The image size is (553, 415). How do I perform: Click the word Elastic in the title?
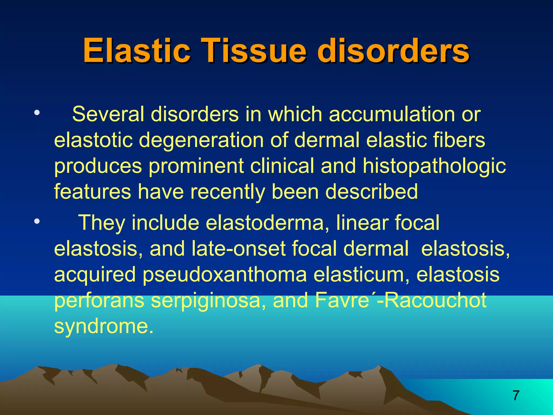click(136, 51)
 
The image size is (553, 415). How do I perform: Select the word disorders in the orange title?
click(393, 51)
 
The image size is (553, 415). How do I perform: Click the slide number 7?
click(516, 396)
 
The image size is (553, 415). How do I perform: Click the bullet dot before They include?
click(37, 222)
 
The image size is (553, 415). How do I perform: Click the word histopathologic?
click(434, 166)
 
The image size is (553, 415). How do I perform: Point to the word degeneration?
click(201, 140)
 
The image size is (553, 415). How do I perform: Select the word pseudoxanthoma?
click(224, 275)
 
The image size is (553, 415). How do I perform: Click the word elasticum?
click(361, 275)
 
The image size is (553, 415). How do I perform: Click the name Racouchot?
click(435, 300)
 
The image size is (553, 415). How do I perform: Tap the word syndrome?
click(103, 326)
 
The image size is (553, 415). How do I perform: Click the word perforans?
click(99, 300)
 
